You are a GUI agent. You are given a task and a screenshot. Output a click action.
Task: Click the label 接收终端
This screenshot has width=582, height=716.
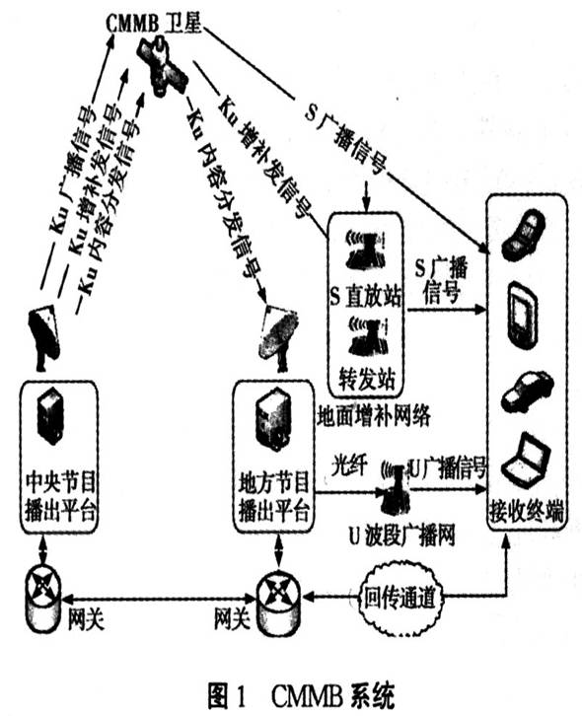pos(527,511)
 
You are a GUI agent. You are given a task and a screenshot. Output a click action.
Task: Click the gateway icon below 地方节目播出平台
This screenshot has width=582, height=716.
pos(278,595)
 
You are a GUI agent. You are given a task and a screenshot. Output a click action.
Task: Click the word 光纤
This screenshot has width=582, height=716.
pos(348,462)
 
